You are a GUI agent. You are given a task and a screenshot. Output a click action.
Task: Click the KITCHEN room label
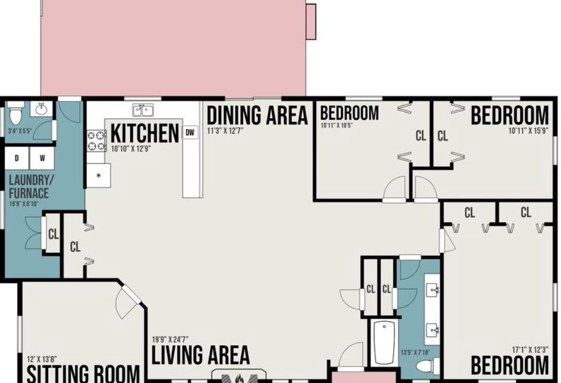click(x=144, y=134)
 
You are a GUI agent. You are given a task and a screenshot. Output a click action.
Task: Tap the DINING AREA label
click(x=257, y=115)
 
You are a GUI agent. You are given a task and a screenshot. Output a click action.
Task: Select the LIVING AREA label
click(x=200, y=355)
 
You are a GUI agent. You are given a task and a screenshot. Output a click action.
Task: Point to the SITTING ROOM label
click(x=83, y=374)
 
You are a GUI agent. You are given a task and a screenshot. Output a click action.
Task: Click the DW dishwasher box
click(x=190, y=132)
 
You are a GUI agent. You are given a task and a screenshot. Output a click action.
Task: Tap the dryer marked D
click(x=16, y=158)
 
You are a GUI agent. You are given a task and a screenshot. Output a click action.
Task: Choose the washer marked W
click(x=42, y=158)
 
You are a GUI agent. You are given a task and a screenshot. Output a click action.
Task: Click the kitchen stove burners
click(x=97, y=141)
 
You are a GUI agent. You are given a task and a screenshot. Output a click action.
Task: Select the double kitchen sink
click(x=143, y=110)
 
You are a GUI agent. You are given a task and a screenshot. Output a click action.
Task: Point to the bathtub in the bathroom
click(x=384, y=342)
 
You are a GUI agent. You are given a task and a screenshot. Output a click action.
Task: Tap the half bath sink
click(x=41, y=109)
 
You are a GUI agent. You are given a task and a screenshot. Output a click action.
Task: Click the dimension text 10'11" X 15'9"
click(x=528, y=131)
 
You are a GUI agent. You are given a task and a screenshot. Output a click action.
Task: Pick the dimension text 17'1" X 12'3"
click(x=530, y=350)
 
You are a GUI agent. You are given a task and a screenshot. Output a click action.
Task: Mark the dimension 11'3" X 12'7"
click(x=225, y=130)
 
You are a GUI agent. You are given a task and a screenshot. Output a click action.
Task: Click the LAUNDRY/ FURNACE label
click(x=29, y=187)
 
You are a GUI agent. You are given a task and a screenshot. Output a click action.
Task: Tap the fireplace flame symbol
click(x=240, y=378)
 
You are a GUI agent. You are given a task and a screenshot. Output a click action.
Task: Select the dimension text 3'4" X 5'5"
click(x=20, y=131)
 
